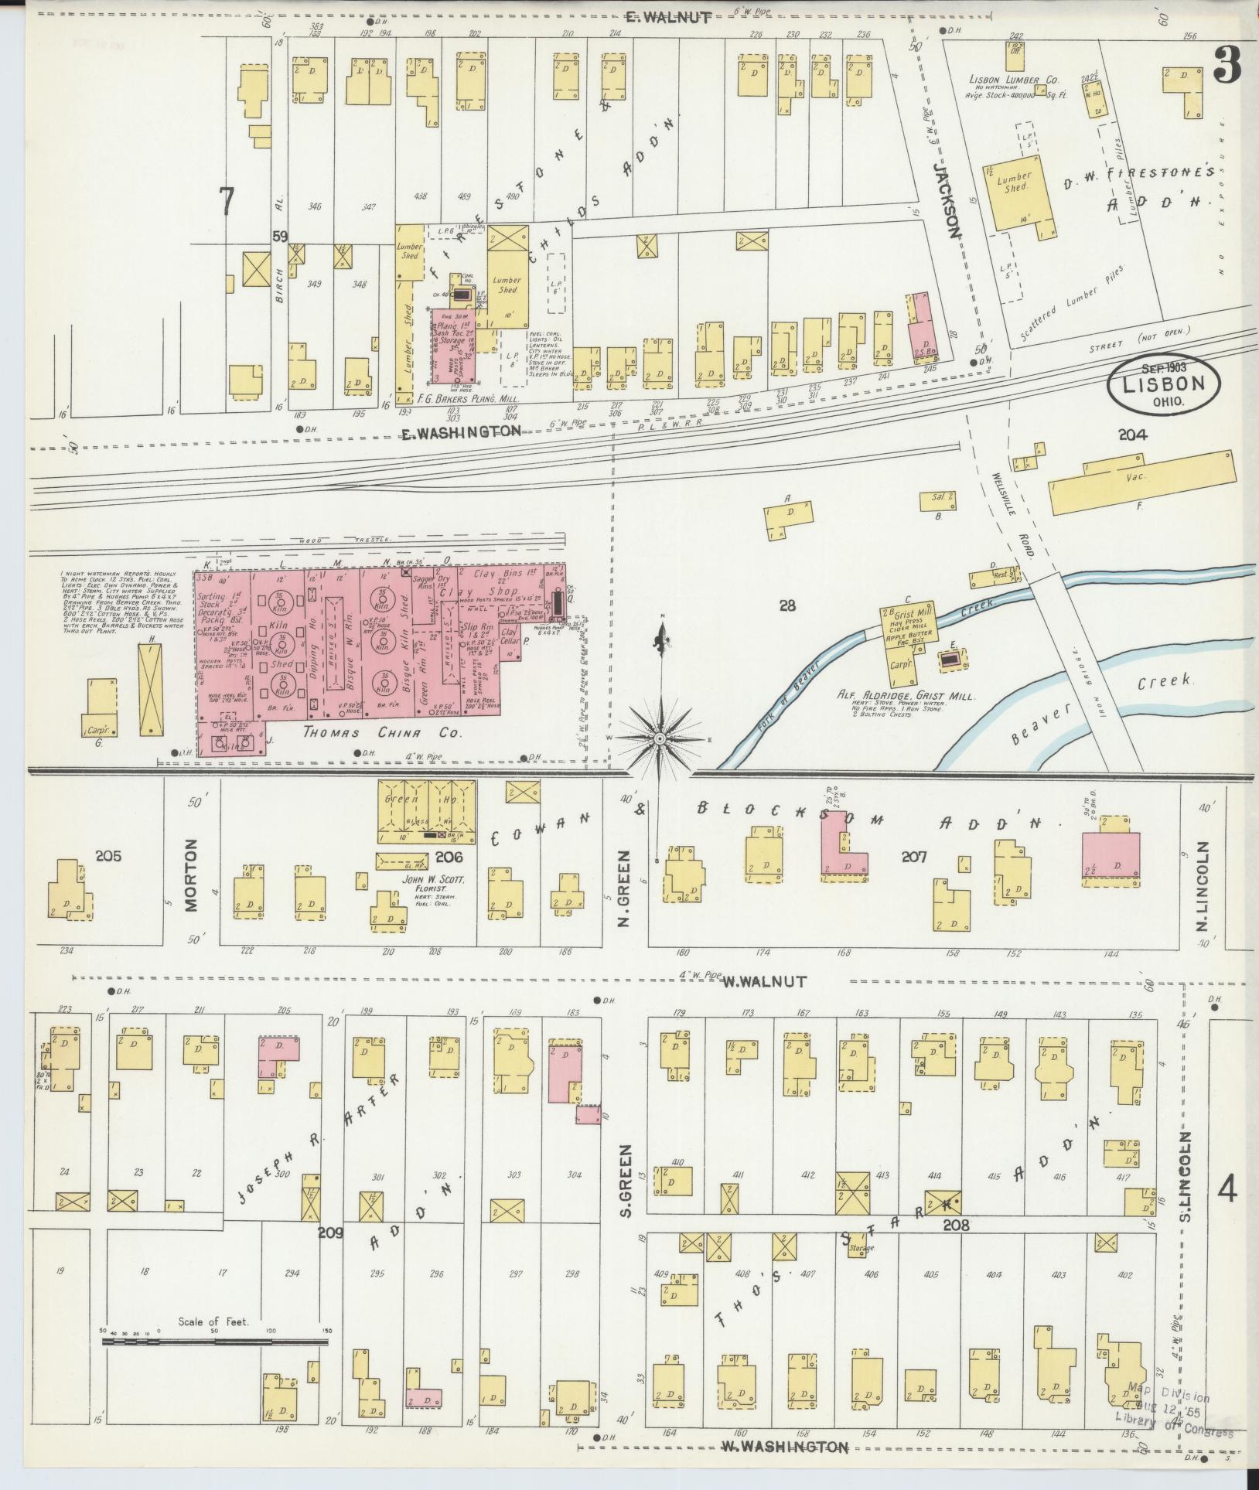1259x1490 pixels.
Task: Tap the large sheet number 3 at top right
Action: [x=1227, y=66]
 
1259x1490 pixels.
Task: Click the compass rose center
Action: [x=660, y=739]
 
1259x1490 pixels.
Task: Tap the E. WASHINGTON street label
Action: [x=461, y=432]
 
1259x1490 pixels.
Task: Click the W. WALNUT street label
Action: [x=764, y=981]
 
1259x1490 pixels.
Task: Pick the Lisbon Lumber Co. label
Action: [x=1014, y=80]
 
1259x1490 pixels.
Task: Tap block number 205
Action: [x=109, y=855]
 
